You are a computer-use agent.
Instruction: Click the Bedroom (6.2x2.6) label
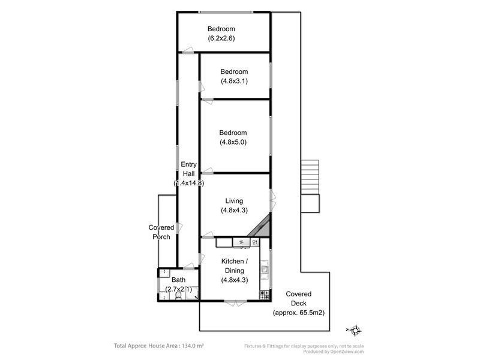tap(221, 34)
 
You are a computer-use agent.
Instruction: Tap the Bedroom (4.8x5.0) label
tap(233, 137)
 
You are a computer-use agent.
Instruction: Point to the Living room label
tap(233, 205)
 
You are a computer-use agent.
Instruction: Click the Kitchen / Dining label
tap(233, 270)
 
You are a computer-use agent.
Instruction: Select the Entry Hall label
tap(188, 173)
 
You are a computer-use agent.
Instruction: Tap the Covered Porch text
tap(161, 232)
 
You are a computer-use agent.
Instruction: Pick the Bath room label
tap(178, 284)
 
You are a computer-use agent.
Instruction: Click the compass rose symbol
tap(355, 329)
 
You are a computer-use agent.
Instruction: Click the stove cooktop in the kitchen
tap(264, 294)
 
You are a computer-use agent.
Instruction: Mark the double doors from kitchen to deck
tap(235, 302)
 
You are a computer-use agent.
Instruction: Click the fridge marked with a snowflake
tap(241, 242)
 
